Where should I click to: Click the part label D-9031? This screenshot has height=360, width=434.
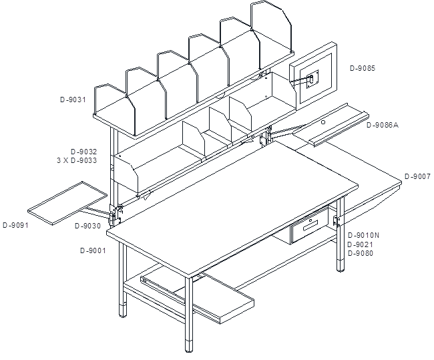click(x=73, y=100)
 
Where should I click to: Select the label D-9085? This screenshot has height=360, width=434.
click(x=363, y=68)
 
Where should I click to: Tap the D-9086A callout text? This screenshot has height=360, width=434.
click(x=383, y=125)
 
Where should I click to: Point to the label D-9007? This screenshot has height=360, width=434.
click(x=417, y=176)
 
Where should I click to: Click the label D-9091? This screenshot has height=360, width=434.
click(x=16, y=225)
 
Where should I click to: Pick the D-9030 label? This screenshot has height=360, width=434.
click(x=87, y=226)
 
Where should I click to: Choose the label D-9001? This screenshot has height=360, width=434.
click(x=93, y=250)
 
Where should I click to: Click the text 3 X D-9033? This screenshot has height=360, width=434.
click(x=77, y=160)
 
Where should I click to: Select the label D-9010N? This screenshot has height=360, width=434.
click(x=363, y=235)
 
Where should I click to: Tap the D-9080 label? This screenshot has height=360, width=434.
click(x=361, y=253)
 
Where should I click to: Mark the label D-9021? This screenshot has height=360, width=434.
click(x=361, y=244)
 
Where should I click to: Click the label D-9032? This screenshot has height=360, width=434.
click(x=84, y=152)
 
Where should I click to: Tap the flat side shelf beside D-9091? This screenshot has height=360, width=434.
click(x=67, y=203)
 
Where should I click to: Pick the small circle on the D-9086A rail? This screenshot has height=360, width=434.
click(x=323, y=122)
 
